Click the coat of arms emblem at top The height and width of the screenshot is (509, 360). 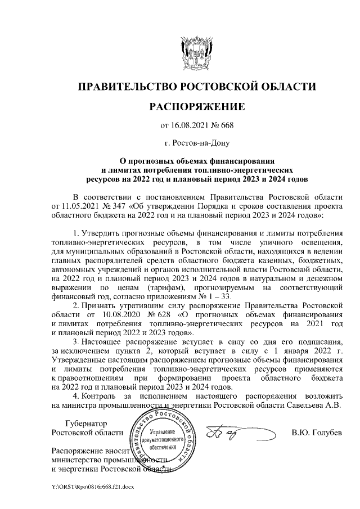pos(196,52)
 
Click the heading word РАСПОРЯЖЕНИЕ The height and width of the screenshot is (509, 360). pos(196,107)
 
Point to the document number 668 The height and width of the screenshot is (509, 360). pos(227,125)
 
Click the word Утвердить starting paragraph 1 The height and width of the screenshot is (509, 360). pos(100,233)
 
